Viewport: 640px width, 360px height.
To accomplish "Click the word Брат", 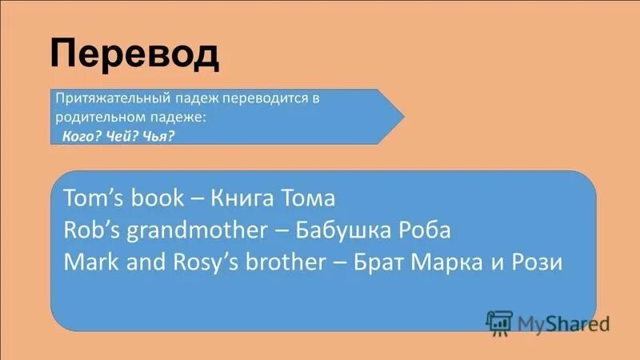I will [x=381, y=262].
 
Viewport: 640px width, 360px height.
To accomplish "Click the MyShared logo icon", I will [x=499, y=321].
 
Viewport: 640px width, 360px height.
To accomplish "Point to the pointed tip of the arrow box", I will [x=402, y=116].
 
